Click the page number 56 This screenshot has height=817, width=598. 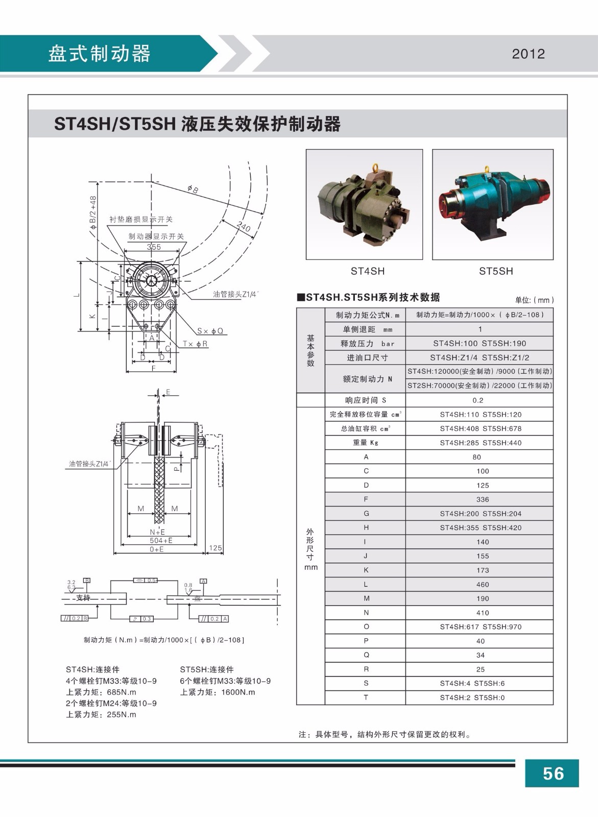click(553, 774)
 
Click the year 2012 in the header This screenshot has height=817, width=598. click(528, 54)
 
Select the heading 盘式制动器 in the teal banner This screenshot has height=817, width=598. click(99, 54)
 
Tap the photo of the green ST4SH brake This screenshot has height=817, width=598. click(364, 204)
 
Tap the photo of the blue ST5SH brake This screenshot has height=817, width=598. click(493, 204)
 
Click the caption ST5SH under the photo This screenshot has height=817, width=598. click(495, 271)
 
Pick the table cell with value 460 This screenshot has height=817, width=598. click(482, 585)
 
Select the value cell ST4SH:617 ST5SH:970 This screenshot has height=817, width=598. click(480, 627)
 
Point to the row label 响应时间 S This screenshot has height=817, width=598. click(365, 400)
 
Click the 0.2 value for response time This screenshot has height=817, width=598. click(478, 400)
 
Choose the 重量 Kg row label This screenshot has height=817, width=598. click(365, 443)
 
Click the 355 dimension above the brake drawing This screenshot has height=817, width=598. click(153, 247)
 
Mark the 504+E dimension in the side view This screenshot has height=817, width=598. click(161, 540)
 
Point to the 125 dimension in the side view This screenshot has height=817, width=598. click(215, 548)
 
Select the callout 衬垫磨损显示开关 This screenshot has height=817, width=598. click(141, 220)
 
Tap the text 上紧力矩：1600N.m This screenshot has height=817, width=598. click(218, 692)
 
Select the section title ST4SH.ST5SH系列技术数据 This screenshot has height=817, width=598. click(372, 297)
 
